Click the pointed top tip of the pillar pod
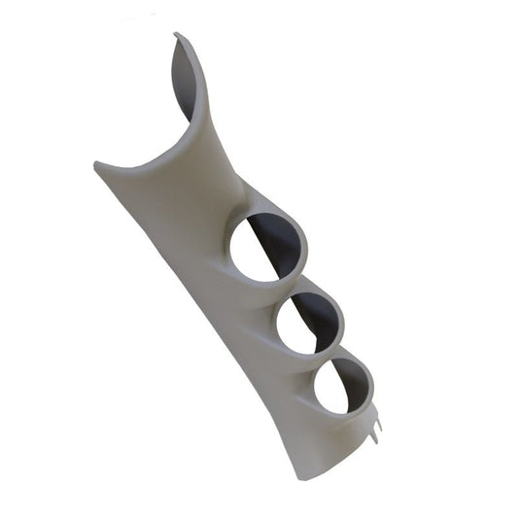click(176, 36)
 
